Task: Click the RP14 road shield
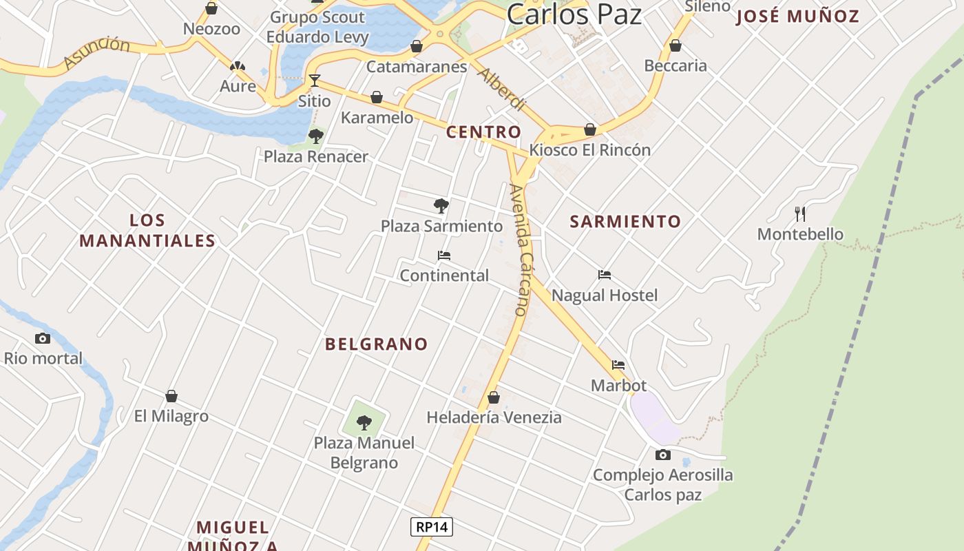coord(432,527)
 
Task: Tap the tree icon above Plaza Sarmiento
coord(441,205)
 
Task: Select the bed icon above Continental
coord(444,256)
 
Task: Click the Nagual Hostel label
coord(605,295)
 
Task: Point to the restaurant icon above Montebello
coord(799,214)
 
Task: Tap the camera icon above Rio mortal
coord(43,338)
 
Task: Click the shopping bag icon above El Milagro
coord(171,396)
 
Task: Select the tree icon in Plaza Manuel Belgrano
coord(364,422)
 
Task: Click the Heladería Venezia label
coord(494,417)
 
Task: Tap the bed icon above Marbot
coord(618,365)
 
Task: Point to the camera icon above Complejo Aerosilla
coord(662,455)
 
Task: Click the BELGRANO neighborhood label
coord(377,344)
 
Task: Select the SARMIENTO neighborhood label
coord(625,221)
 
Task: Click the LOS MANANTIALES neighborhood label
coord(147,230)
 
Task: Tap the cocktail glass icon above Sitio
coord(314,81)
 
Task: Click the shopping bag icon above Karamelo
coord(377,97)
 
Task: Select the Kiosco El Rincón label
coord(589,149)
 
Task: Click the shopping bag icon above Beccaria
coord(675,45)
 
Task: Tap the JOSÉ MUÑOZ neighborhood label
coord(797,16)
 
